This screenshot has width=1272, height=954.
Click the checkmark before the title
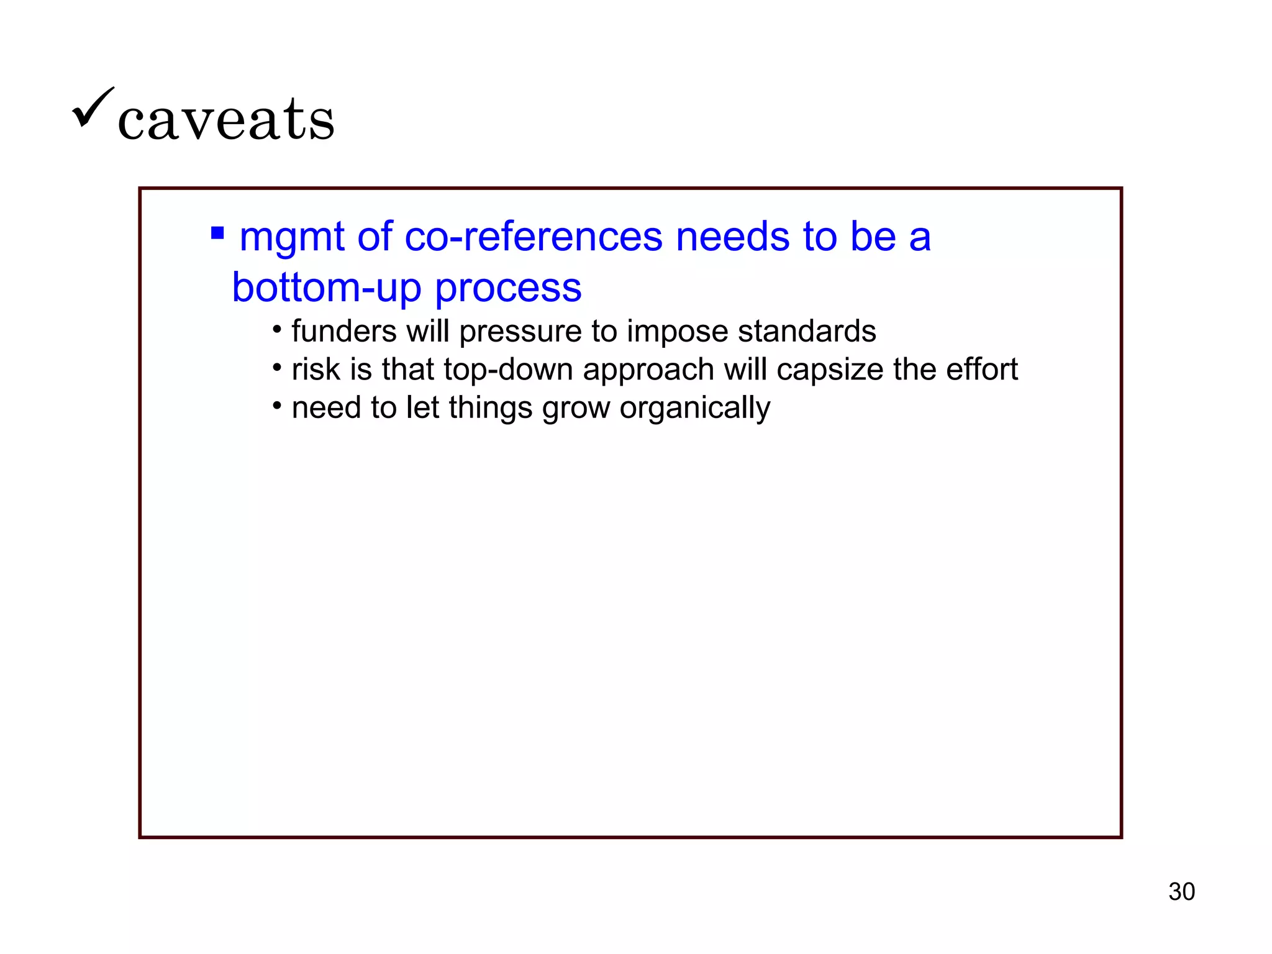click(93, 107)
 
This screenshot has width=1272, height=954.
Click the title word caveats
click(226, 119)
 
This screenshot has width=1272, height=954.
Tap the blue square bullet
click(217, 233)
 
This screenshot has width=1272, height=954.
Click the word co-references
click(534, 237)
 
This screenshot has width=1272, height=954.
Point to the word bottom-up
click(326, 288)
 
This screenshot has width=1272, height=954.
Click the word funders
click(344, 331)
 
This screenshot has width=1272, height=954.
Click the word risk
click(316, 370)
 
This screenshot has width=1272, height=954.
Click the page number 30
click(1181, 892)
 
